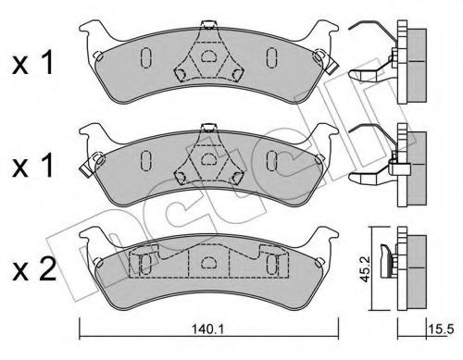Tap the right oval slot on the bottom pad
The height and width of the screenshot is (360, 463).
271,266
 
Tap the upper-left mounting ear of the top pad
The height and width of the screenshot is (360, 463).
95,44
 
